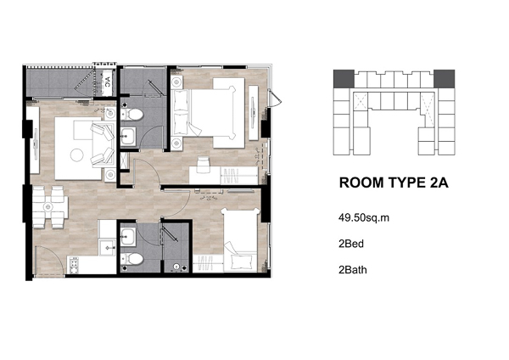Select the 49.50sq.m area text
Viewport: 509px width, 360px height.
click(364, 217)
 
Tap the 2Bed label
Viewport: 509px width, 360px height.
click(351, 244)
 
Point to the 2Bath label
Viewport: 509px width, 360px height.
click(353, 270)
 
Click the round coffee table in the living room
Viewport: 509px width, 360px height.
click(77, 155)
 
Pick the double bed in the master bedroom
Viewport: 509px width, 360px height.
click(208, 113)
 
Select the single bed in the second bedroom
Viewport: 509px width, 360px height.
click(240, 240)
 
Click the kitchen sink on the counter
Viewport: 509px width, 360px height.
click(107, 248)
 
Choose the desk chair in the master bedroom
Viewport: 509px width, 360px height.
click(204, 165)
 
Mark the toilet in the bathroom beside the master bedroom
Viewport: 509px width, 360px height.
click(132, 114)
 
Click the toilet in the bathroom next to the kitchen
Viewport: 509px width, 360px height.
click(132, 259)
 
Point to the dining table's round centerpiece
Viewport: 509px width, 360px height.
click(48, 206)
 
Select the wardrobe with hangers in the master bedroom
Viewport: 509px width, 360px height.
click(239, 176)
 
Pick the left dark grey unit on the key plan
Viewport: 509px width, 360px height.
click(344, 79)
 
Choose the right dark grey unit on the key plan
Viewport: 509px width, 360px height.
click(444, 79)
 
